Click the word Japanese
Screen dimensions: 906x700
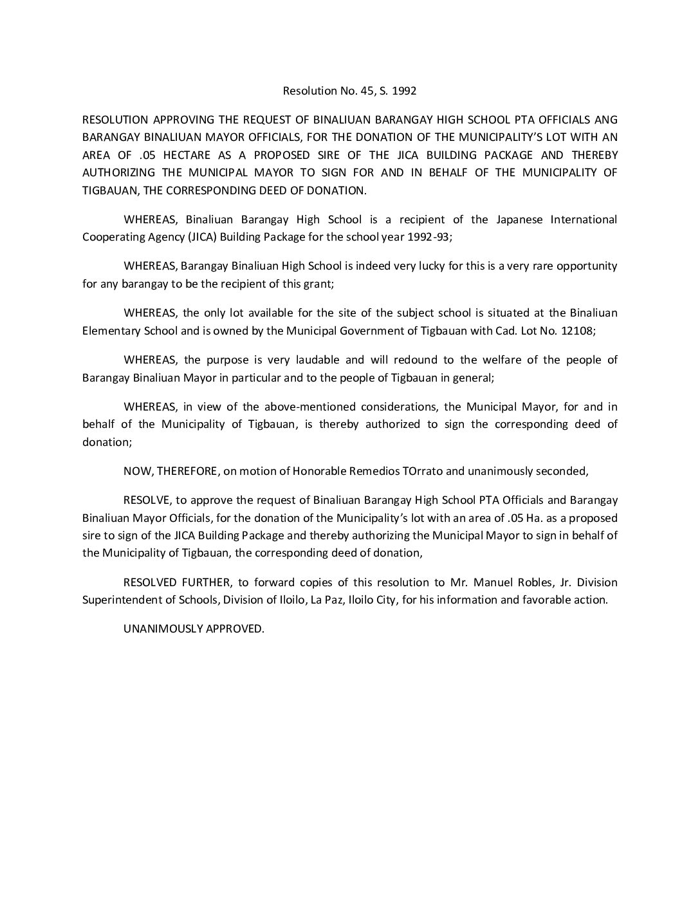[x=521, y=219]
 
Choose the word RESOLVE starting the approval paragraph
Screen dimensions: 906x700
[x=147, y=501]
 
